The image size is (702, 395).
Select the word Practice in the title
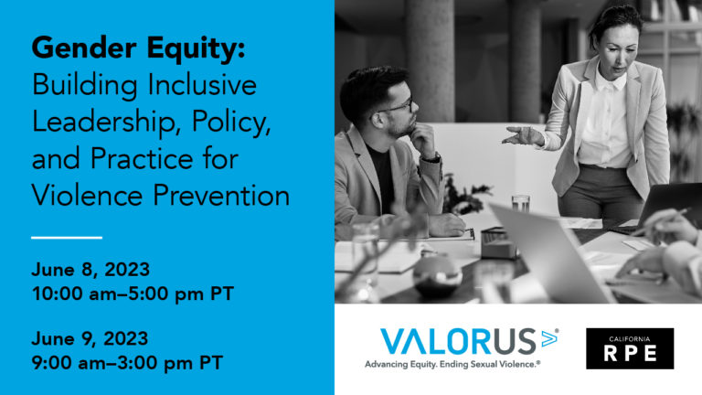point(142,158)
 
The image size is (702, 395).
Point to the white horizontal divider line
point(67,238)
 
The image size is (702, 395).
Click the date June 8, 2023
point(90,270)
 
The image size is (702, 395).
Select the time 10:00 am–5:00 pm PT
point(133,294)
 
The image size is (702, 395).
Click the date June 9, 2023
point(90,338)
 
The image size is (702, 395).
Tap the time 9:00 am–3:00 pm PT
point(127,363)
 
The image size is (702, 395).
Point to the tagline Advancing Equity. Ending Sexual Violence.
point(452,365)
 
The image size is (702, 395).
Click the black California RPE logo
point(630,348)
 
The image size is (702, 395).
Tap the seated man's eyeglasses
point(397,108)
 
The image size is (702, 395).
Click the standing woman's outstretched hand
point(522,135)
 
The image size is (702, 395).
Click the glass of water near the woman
point(520,204)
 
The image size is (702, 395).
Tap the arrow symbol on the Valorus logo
point(548,338)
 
